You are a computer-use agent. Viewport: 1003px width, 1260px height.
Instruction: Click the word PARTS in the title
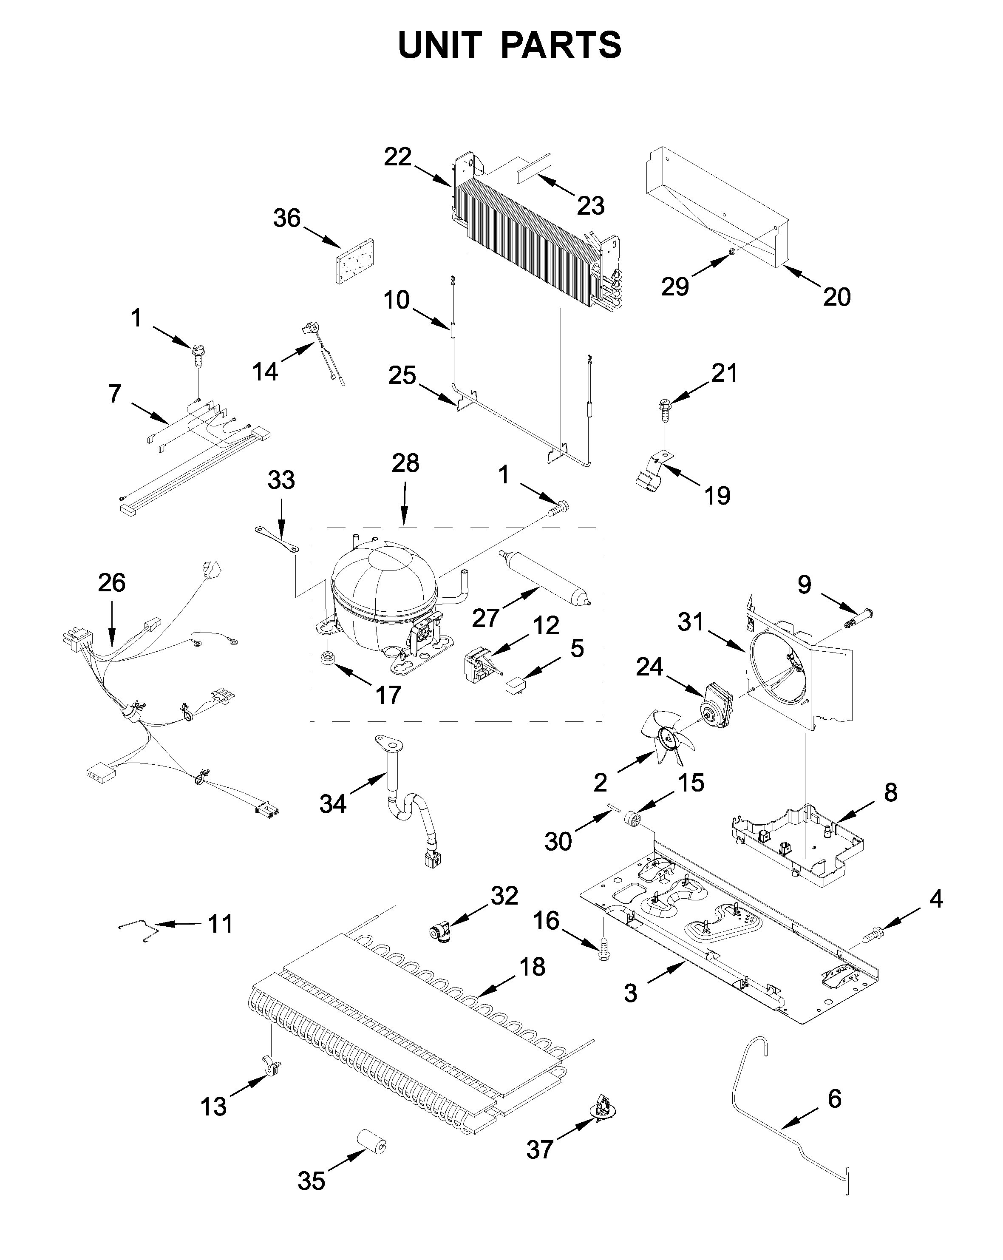point(561,45)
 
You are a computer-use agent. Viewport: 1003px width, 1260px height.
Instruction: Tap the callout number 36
point(286,219)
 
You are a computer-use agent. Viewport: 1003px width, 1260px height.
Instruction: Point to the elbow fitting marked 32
point(439,930)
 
